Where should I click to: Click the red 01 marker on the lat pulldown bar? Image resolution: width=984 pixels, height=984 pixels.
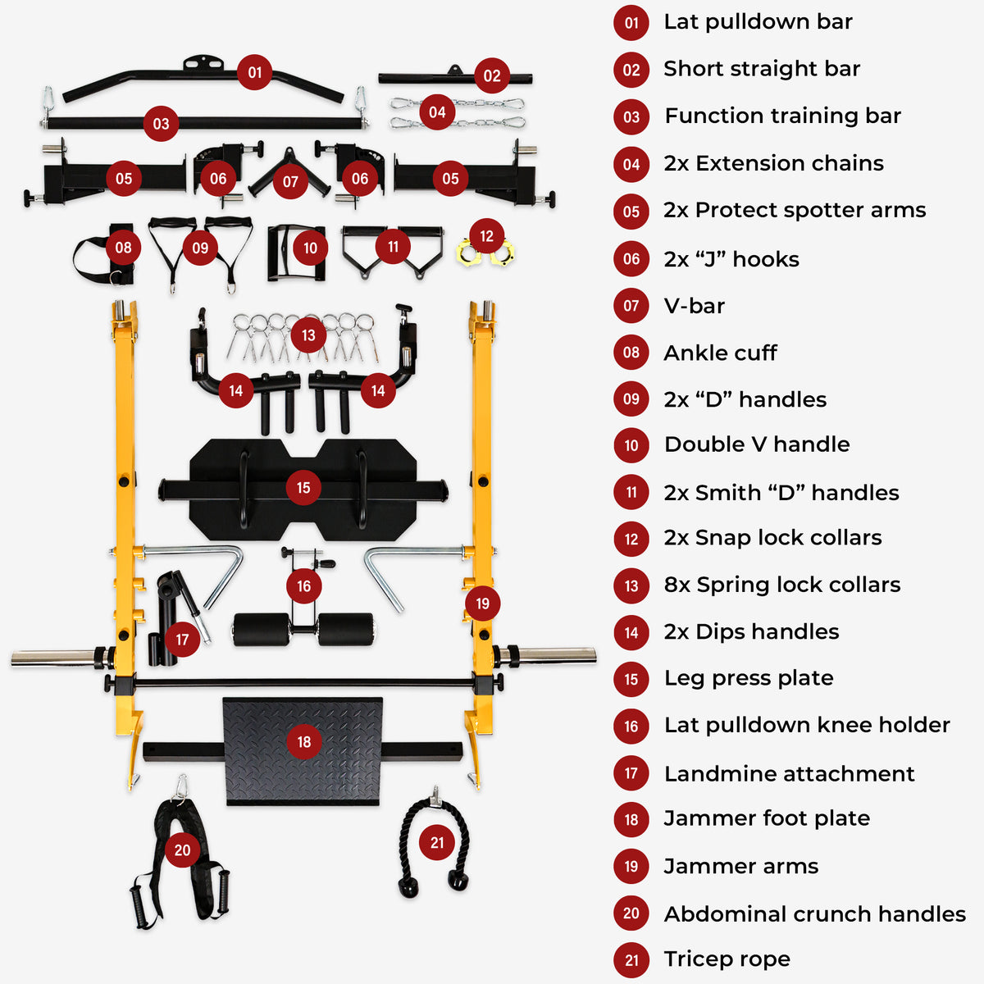point(255,72)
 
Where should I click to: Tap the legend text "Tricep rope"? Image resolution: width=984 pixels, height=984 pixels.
point(727,959)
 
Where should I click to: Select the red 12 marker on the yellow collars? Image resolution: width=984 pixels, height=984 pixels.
point(486,236)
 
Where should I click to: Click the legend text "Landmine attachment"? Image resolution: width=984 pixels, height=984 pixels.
point(789,773)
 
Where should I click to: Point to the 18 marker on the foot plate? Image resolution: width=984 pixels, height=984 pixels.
point(304,741)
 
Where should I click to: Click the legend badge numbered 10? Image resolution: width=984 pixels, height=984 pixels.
point(631,445)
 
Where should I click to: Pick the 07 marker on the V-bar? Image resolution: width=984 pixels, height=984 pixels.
point(290,181)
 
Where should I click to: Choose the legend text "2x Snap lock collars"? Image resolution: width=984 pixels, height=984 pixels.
point(772,537)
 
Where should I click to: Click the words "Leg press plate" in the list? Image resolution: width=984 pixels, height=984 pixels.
point(748,678)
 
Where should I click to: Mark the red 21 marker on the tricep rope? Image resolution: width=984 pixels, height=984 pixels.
point(437,842)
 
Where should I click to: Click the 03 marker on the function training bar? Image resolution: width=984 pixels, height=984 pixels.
point(161,124)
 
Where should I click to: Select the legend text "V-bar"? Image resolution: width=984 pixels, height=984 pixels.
point(694,306)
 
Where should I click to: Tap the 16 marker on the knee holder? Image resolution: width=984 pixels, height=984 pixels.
point(303,585)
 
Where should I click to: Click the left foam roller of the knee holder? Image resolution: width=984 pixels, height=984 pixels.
point(261,630)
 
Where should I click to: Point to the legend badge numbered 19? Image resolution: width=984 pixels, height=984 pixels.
point(631,867)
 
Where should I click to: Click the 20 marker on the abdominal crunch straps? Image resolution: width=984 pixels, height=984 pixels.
point(182,850)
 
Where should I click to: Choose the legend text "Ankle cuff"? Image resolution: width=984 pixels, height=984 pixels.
point(720,353)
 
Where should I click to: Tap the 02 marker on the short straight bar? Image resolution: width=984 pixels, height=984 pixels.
point(491,76)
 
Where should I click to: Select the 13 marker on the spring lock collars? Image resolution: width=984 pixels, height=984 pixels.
point(308,335)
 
